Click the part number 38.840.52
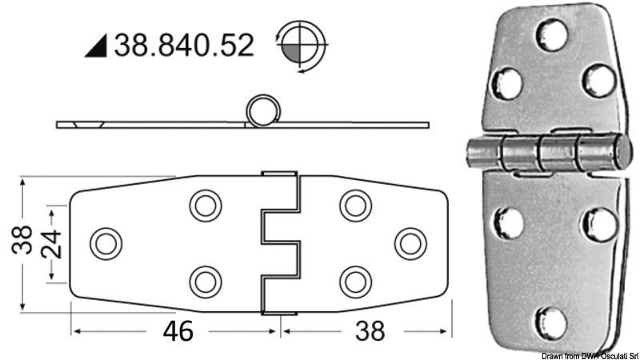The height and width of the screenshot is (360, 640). (x=185, y=45)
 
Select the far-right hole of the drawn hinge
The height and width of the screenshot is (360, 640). (x=410, y=242)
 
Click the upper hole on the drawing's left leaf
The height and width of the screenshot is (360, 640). (x=206, y=205)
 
